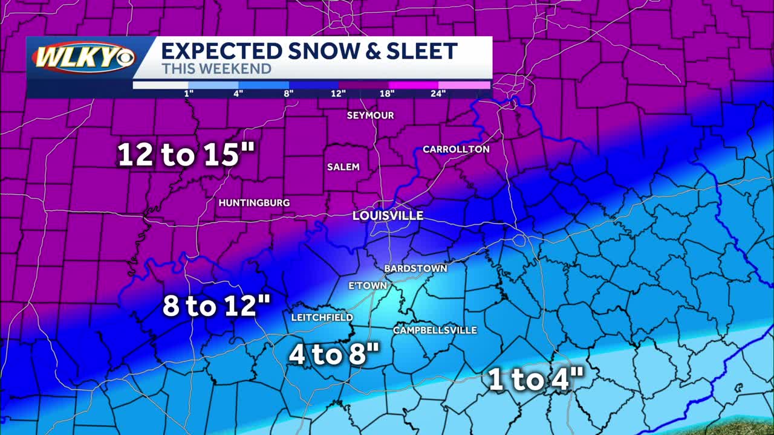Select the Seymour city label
tap(370, 115)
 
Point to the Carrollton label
tap(456, 149)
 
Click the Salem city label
tap(343, 167)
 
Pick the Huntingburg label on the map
tap(254, 203)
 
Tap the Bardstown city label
tap(415, 268)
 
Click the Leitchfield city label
tap(322, 317)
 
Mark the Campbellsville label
tap(435, 330)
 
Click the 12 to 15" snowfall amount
tap(186, 155)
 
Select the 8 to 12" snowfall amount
tap(216, 306)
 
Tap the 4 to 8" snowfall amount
tap(334, 355)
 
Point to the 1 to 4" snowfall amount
tap(536, 380)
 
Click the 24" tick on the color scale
tap(438, 93)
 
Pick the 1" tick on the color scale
tap(189, 93)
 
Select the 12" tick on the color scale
tap(338, 93)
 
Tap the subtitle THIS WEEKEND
tap(216, 69)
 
